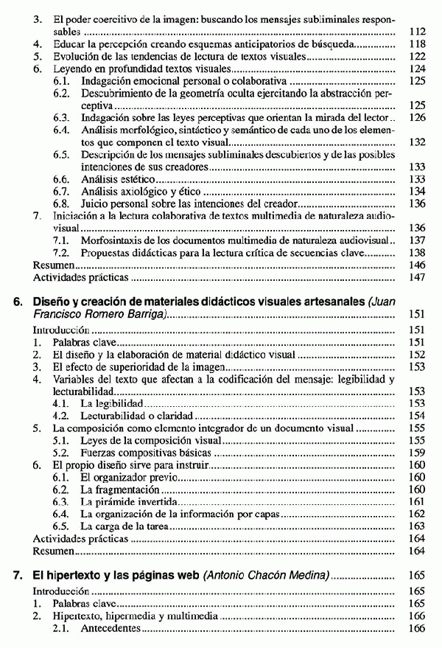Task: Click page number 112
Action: pyautogui.click(x=417, y=32)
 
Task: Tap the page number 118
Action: pyautogui.click(x=417, y=44)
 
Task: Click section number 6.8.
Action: pyautogui.click(x=62, y=203)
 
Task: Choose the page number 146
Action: pyautogui.click(x=417, y=264)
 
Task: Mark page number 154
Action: pyautogui.click(x=417, y=415)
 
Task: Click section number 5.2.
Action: pyautogui.click(x=62, y=452)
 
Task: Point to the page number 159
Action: pyautogui.click(x=417, y=452)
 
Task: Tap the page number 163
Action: pyautogui.click(x=417, y=526)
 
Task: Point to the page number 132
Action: pyautogui.click(x=417, y=142)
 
